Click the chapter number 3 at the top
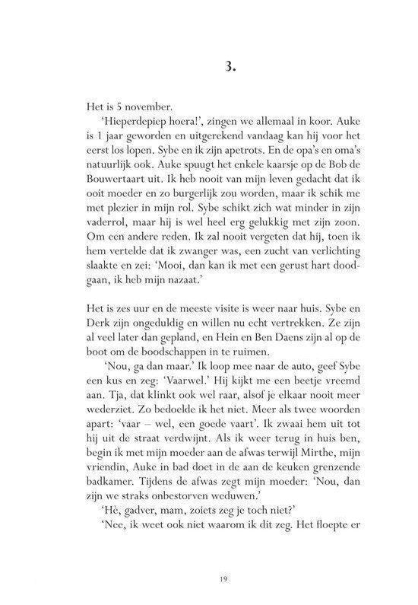[208, 65]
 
